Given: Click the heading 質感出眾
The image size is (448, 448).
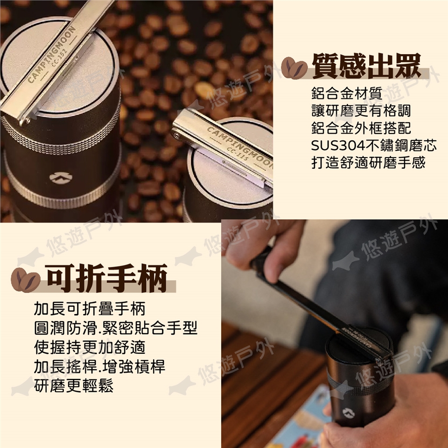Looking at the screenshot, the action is coord(367,66).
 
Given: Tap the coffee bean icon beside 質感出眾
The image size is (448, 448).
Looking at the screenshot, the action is coord(294,68).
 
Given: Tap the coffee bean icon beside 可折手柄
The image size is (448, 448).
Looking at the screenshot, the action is coord(25,280).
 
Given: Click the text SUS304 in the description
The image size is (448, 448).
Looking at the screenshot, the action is coord(338,146).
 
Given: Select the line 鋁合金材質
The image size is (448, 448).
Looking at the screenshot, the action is coord(347,93).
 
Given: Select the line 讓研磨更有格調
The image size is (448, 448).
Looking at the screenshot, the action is coord(361,111).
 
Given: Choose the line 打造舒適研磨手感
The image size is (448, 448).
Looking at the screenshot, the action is coord(368,162).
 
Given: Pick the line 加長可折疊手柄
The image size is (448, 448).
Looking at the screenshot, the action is coord(90,309).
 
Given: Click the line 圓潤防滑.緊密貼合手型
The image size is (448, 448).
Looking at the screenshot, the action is coord(116,328).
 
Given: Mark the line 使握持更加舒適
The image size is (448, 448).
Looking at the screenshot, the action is coord(90,347).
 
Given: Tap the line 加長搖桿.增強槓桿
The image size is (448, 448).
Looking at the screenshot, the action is coord(99,367).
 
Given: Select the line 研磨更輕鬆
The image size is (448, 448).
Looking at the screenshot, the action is coord(73,385).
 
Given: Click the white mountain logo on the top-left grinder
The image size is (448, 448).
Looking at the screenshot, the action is coord(61,178).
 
